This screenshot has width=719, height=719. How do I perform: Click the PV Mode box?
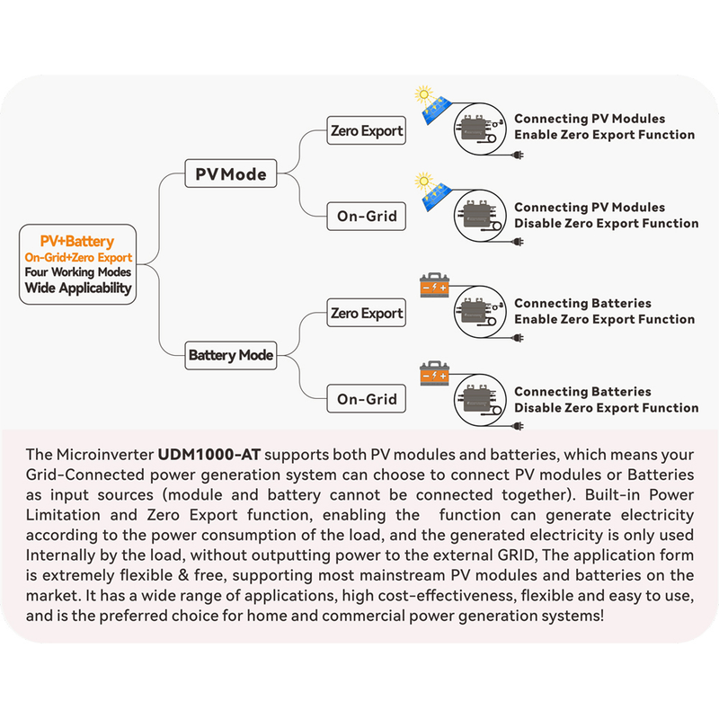click(231, 173)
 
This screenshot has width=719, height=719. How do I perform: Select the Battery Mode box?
click(230, 355)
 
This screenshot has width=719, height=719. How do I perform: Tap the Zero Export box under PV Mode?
click(367, 131)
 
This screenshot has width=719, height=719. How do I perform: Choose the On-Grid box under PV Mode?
click(367, 217)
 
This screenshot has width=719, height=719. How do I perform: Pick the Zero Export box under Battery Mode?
click(367, 314)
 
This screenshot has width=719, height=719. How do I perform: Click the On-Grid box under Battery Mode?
click(367, 399)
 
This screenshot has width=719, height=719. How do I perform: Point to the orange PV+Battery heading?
click(77, 241)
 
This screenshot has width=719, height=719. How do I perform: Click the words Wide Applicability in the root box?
click(77, 288)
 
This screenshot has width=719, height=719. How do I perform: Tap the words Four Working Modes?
click(77, 272)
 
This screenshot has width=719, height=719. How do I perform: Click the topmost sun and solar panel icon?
click(431, 105)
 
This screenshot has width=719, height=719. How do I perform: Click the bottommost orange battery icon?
click(434, 373)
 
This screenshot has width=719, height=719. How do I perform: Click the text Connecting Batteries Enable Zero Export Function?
click(604, 311)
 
